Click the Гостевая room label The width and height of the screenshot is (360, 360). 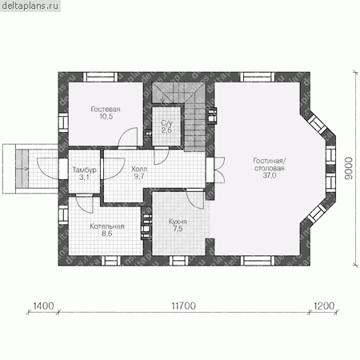coord(106,110)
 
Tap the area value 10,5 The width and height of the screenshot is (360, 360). coord(106,117)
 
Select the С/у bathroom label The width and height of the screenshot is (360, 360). coord(166,123)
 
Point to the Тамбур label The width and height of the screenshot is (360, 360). coord(84,170)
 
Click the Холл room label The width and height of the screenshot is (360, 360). coord(139,169)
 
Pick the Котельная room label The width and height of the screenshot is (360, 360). coord(107,226)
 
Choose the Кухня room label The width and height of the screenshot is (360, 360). coord(178,222)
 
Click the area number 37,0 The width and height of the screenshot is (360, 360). coord(270,175)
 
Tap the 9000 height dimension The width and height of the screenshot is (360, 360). coord(348,168)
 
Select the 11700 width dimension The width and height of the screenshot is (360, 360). coord(184,306)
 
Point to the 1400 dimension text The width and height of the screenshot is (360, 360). coord(43,306)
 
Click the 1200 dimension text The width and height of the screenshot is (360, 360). coord(324,306)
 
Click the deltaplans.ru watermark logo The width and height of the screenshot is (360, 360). coord(30,6)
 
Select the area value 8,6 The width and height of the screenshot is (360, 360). coord(106,234)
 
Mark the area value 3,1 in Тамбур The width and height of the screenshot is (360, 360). coord(84,178)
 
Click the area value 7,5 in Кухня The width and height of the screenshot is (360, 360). coord(178,229)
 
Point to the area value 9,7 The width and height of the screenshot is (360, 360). coord(139,176)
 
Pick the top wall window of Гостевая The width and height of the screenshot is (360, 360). coord(100,77)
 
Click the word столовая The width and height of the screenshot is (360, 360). coord(270,168)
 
